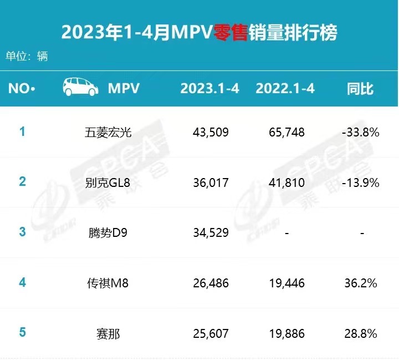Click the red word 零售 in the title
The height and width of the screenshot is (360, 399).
pyautogui.click(x=231, y=32)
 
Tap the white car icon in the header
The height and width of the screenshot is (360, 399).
pyautogui.click(x=79, y=88)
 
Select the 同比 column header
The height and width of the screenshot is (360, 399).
pyautogui.click(x=360, y=88)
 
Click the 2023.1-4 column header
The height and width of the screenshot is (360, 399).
pyautogui.click(x=209, y=88)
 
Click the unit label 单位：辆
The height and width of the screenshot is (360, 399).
pyautogui.click(x=27, y=56)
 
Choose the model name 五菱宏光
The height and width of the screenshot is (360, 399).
pyautogui.click(x=109, y=133)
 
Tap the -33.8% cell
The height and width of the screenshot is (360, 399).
pyautogui.click(x=361, y=133)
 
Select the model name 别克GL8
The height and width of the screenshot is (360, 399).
pyautogui.click(x=109, y=182)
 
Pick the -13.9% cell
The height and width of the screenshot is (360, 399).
pyautogui.click(x=361, y=182)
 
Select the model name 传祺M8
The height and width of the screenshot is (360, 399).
pyautogui.click(x=109, y=283)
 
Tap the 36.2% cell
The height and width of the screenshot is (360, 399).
pyautogui.click(x=361, y=283)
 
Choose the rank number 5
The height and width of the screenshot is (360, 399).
pyautogui.click(x=23, y=333)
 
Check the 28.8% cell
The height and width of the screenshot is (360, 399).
pyautogui.click(x=361, y=334)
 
